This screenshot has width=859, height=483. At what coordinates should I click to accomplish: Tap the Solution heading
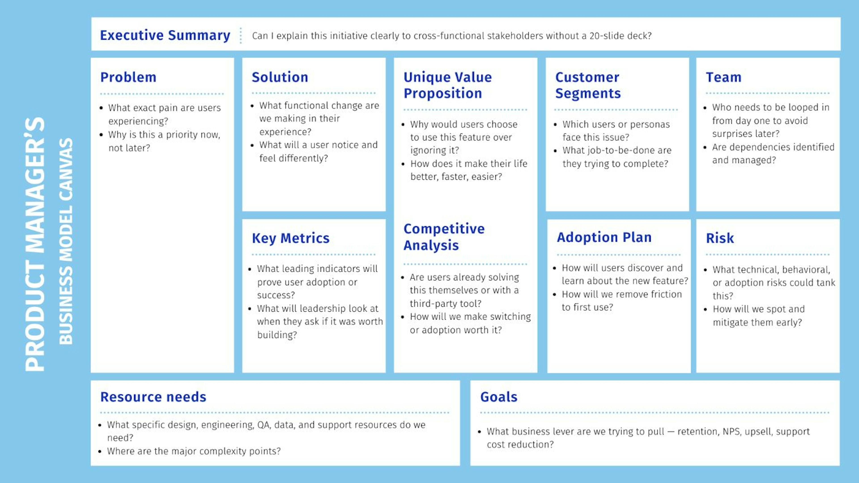(x=280, y=77)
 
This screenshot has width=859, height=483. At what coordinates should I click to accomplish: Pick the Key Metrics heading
(x=290, y=238)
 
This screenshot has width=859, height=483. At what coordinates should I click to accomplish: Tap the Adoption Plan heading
(x=604, y=237)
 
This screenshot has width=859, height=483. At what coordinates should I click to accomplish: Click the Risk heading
(x=720, y=238)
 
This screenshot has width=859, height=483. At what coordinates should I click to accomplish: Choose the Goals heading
(x=499, y=397)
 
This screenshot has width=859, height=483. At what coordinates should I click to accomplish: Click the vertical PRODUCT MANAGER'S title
(x=35, y=244)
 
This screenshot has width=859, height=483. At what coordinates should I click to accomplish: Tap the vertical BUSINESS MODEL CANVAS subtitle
(x=66, y=241)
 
